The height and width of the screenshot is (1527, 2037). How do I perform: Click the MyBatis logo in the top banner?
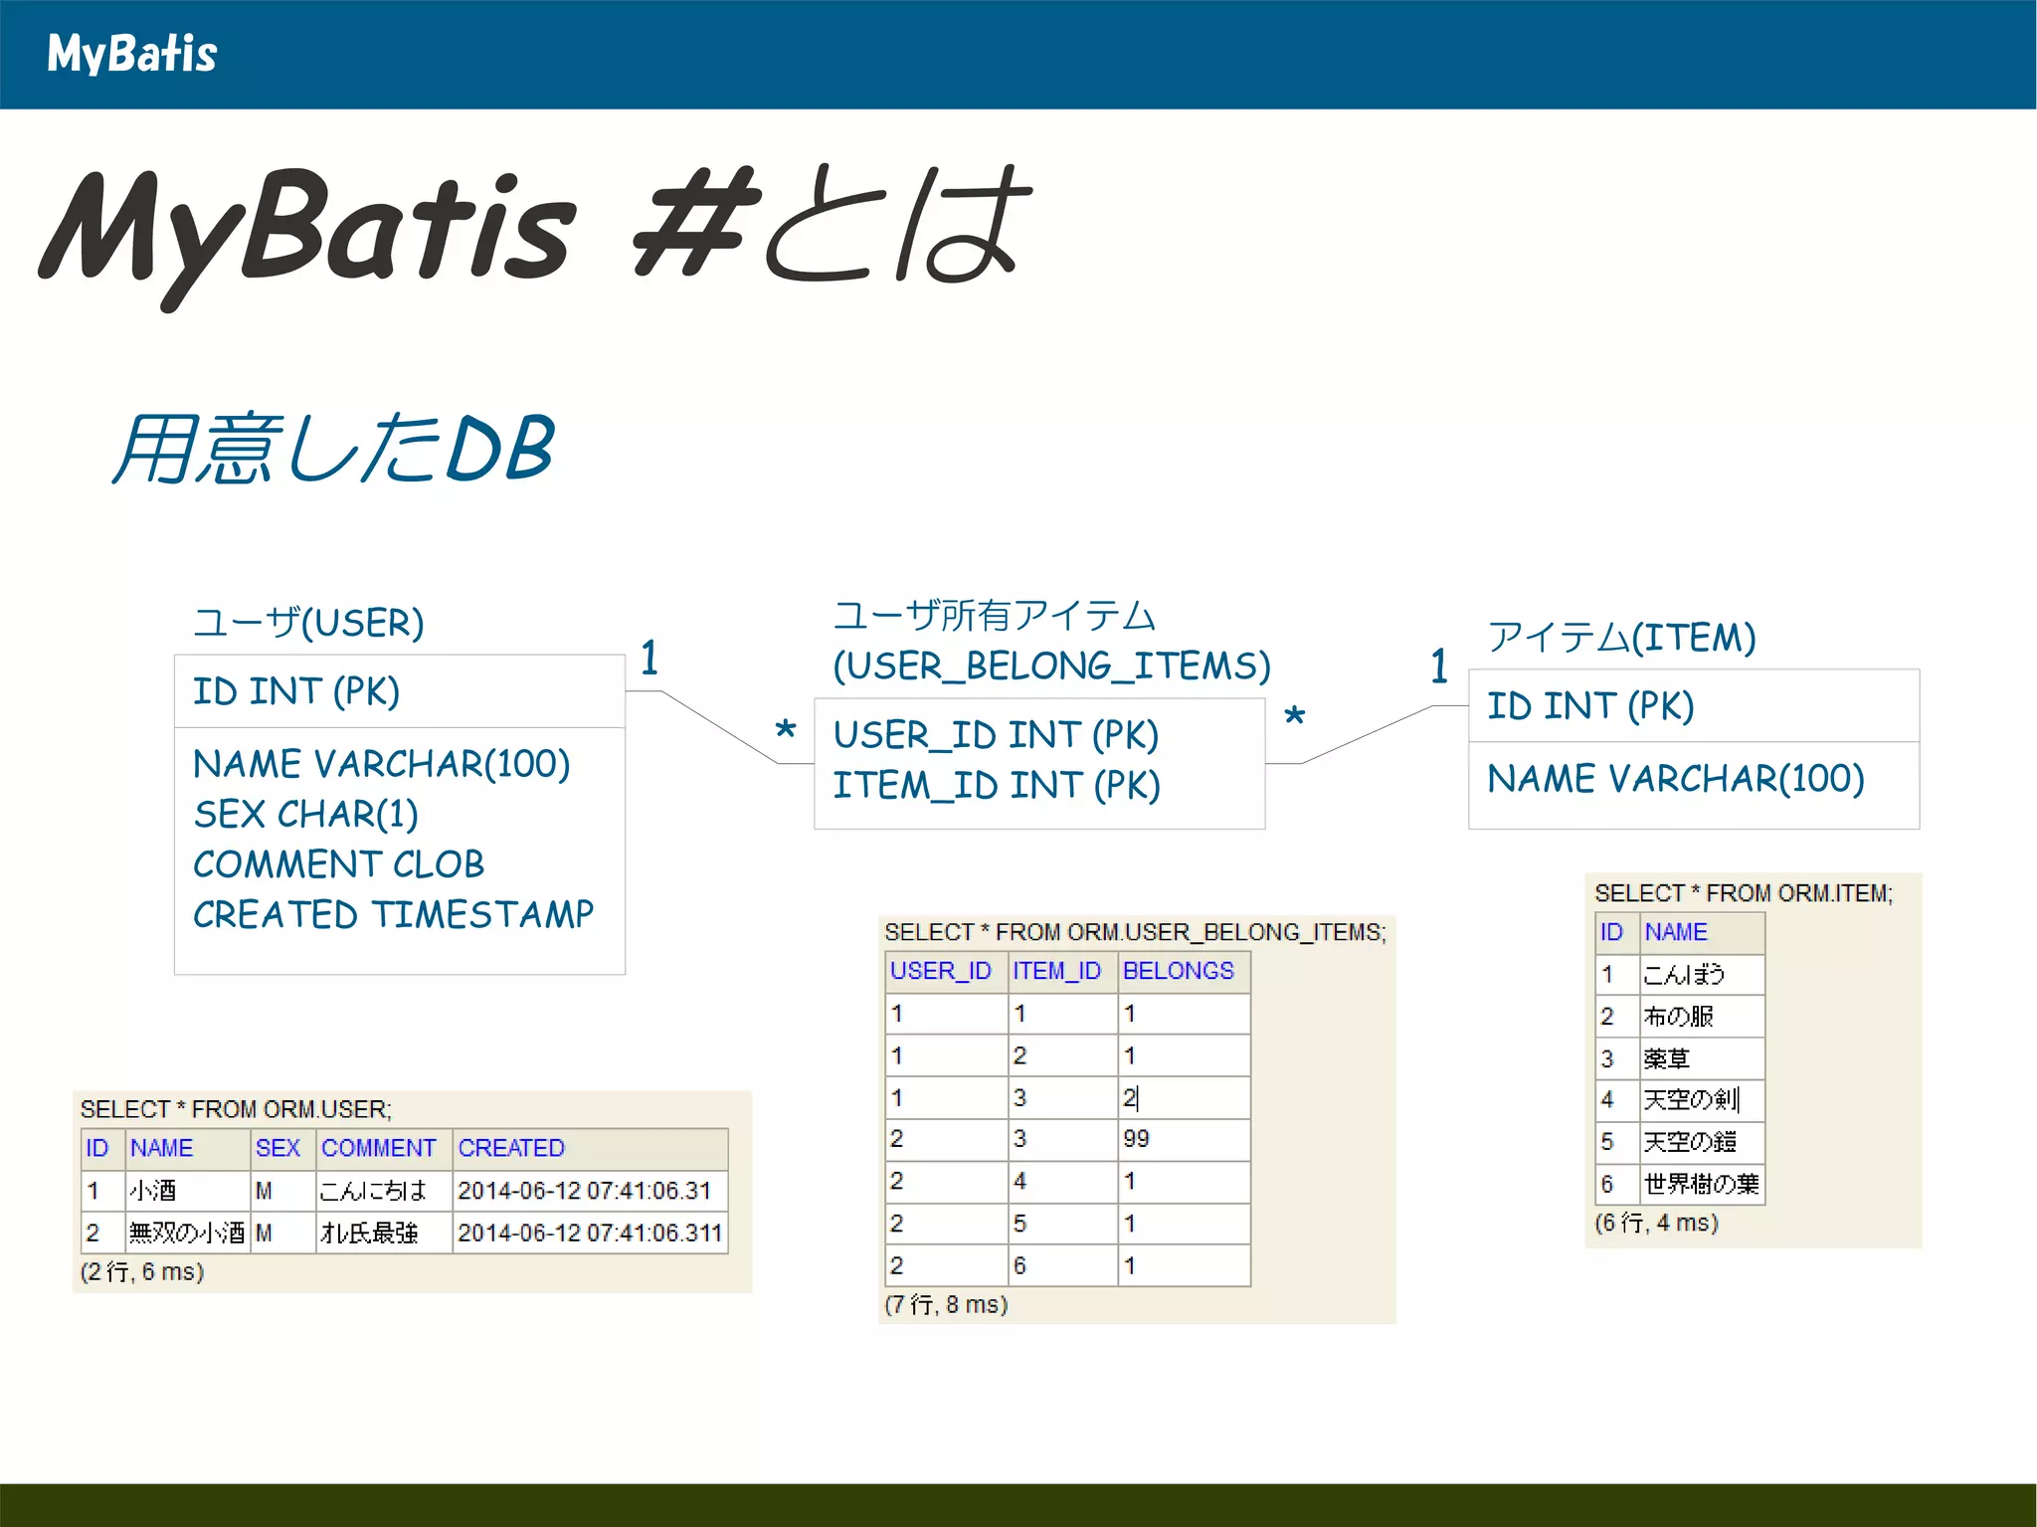131,54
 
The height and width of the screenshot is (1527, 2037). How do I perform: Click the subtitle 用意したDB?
333,449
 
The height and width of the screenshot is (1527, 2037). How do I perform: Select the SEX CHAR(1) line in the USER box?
305,814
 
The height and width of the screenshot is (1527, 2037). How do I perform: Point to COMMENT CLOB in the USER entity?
338,863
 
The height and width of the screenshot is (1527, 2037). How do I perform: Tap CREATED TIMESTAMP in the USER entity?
393,914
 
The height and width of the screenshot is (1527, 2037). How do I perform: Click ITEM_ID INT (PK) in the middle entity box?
997,785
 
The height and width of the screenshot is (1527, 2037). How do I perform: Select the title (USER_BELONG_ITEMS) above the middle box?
1051,665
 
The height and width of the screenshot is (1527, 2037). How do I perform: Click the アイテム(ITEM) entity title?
1621,637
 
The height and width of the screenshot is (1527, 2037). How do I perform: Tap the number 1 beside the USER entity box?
649,658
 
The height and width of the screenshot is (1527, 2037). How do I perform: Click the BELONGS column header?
1178,971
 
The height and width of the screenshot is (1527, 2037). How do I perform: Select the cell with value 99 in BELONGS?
1136,1139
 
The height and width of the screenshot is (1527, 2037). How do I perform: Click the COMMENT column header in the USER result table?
378,1148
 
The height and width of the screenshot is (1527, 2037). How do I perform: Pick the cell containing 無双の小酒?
186,1233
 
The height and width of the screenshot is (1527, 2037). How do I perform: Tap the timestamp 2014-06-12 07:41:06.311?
589,1233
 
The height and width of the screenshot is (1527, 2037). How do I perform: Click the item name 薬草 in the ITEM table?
1667,1058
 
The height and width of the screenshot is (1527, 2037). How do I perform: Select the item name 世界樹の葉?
1701,1184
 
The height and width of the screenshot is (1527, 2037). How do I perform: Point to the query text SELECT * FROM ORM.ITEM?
1743,893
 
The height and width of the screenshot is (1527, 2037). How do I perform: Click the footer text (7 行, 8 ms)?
946,1304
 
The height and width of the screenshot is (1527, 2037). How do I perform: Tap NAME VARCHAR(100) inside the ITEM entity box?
1675,778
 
